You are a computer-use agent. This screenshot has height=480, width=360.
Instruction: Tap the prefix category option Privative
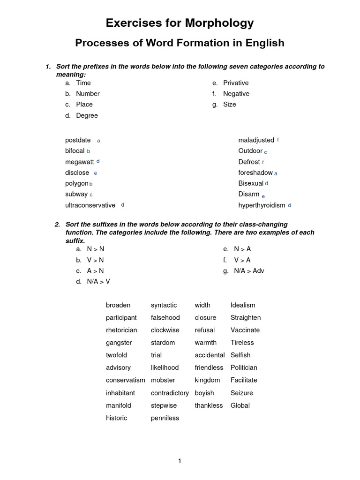coord(236,83)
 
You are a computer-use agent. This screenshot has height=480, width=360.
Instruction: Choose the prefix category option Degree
coord(87,115)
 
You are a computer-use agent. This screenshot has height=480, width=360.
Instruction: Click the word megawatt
coord(79,162)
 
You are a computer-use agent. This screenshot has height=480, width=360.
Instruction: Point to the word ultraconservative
coord(90,205)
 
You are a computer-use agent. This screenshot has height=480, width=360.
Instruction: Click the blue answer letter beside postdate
coord(98,141)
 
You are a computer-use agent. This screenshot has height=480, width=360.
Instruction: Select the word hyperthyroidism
coord(262,205)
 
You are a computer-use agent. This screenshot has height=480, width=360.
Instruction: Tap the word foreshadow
coord(255,172)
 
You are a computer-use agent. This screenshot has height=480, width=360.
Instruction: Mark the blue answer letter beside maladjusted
coord(278,140)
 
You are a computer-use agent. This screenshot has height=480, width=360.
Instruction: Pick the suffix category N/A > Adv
coord(249,271)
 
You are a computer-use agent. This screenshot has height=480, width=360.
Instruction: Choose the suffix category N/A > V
coord(98,282)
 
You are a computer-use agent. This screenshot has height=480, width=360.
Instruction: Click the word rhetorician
coord(121,330)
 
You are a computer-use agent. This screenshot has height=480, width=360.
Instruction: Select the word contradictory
coord(170,393)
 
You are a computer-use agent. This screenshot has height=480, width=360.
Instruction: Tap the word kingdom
coord(207,380)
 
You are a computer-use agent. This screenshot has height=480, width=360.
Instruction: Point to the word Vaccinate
coord(245,330)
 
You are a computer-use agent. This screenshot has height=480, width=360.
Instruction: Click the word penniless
coord(165,418)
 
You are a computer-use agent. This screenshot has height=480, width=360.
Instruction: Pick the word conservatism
coord(125,380)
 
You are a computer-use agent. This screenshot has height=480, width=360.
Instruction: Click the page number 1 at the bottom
coord(180,461)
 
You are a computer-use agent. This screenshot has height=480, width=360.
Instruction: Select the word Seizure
coord(241,393)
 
